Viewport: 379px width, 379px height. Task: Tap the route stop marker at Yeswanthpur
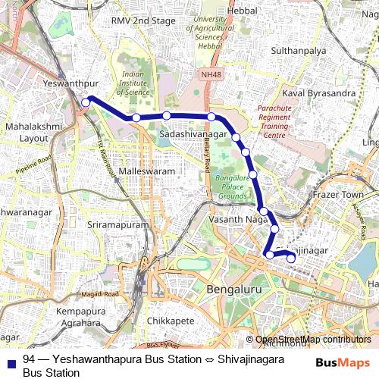(86, 101)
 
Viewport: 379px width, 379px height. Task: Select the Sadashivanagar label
(193, 133)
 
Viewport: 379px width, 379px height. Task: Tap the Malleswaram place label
(147, 172)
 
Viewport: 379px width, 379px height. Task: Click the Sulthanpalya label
(299, 51)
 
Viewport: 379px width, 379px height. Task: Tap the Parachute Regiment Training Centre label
(274, 122)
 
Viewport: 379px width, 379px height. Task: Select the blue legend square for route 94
(12, 359)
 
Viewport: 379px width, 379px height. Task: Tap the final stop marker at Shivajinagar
(291, 259)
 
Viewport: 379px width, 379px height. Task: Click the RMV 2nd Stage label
(143, 20)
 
